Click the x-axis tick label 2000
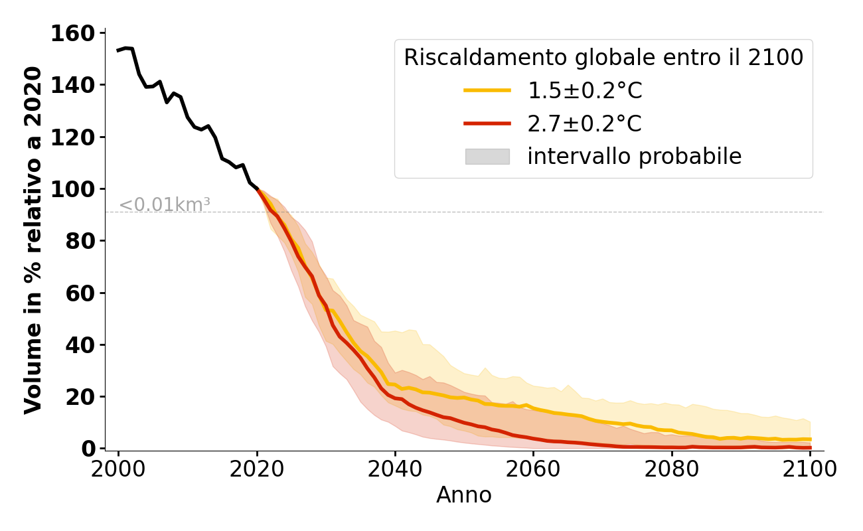coord(119,469)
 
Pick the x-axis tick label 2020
coord(257,469)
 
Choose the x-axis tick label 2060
coord(533,469)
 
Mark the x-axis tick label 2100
coord(809,469)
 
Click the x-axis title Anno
coord(464,495)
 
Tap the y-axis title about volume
coord(33,240)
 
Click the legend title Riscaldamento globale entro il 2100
coord(603,58)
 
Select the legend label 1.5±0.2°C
coord(585,91)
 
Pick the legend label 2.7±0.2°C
coord(585,123)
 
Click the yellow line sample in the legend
coord(487,90)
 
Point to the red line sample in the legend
coord(487,123)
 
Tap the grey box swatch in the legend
coord(487,157)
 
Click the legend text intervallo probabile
coord(634,157)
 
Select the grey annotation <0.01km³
coord(165,205)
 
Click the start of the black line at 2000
coord(119,50)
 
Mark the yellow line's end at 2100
coord(809,439)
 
